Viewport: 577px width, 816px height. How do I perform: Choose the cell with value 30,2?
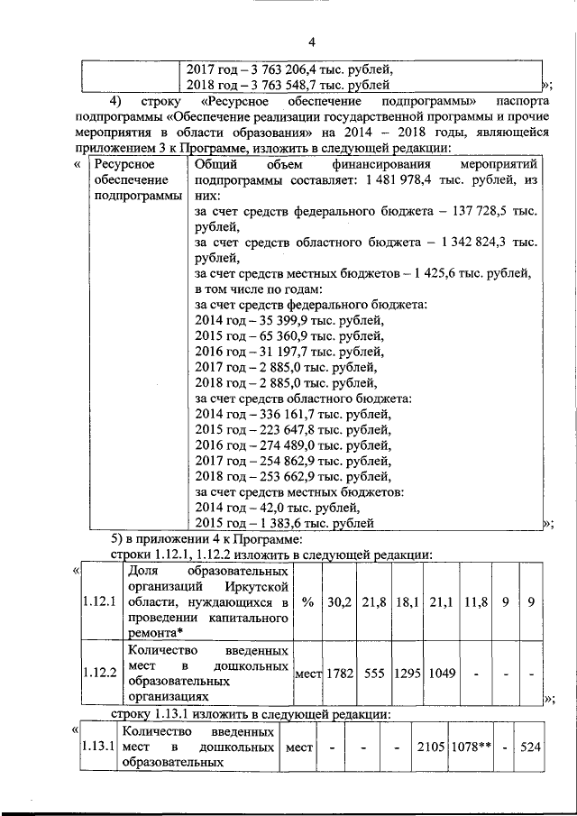click(x=339, y=602)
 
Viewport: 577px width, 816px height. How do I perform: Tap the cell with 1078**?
click(x=467, y=747)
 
